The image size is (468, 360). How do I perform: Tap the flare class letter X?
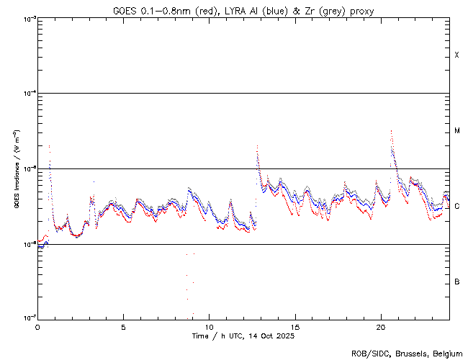(457, 55)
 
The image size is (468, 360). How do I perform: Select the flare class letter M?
(457, 131)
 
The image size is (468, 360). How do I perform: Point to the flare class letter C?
(457, 207)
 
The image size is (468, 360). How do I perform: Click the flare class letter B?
(457, 282)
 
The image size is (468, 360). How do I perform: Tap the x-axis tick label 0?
(37, 326)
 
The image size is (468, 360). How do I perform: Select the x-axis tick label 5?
(123, 326)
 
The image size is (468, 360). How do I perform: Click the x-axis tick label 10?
(209, 326)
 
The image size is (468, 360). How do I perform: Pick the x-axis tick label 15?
(295, 326)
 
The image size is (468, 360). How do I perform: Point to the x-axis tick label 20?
(381, 326)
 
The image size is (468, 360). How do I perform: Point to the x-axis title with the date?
(243, 336)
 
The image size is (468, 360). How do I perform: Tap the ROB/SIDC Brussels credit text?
(406, 353)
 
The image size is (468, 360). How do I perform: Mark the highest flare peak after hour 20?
(391, 131)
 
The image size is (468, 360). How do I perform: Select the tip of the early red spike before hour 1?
(49, 145)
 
